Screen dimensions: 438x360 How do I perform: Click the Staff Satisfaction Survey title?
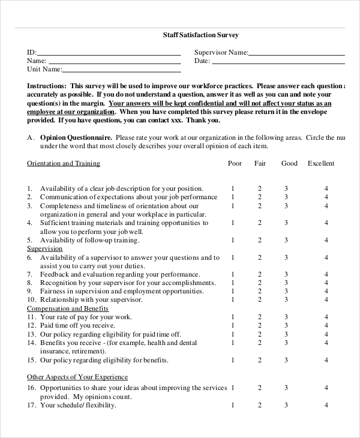coord(200,35)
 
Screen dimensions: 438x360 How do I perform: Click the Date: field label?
coord(202,61)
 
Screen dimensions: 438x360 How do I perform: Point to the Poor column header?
coord(235,163)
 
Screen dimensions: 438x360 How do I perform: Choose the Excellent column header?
coord(321,163)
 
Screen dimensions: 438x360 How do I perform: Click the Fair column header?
coord(260,163)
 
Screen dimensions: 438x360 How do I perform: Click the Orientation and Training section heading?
coord(64,163)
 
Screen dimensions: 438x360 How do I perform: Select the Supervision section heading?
coord(45,248)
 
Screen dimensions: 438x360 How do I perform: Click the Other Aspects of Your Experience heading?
coord(77,377)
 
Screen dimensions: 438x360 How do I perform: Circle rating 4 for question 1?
coord(326,188)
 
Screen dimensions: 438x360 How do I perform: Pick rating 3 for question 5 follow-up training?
coord(286,240)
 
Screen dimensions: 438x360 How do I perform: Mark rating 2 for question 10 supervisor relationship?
coord(260,300)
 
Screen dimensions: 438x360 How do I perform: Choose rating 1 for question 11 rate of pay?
coord(233,317)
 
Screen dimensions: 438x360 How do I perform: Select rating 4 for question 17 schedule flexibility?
coord(326,406)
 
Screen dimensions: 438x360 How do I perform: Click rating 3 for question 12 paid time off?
coord(286,326)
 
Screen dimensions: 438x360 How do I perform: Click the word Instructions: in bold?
coord(46,86)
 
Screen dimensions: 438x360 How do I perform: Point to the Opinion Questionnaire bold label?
coord(76,137)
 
